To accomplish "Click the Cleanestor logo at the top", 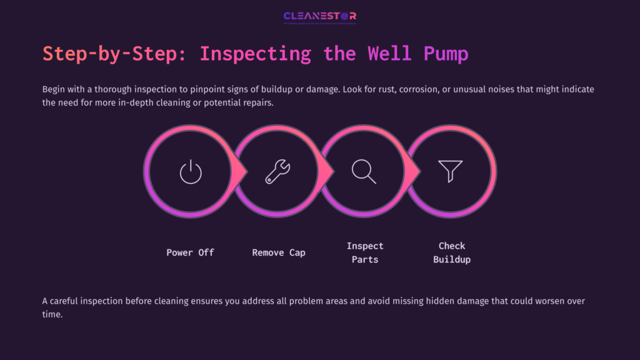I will pos(319,16).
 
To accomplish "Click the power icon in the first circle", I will pos(191,171).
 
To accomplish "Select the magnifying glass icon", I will pos(364,171).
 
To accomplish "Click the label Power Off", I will pos(190,252).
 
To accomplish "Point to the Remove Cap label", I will pos(279,252).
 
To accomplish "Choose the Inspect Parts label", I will pos(365,252).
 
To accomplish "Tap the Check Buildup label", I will pos(452,252).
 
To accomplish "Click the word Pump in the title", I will pos(446,54).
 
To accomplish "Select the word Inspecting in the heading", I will pos(255,54).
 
